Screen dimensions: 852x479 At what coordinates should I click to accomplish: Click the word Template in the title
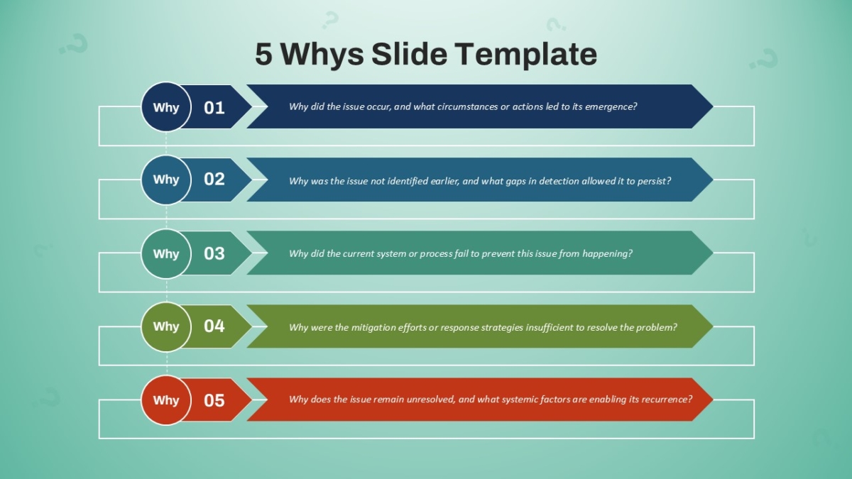coord(526,55)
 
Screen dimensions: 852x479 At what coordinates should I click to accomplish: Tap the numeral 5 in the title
coord(263,54)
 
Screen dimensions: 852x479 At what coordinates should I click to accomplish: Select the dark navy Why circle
coord(166,107)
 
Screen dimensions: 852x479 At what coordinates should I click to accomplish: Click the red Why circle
coord(166,400)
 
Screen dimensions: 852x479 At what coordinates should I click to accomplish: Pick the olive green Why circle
coord(166,326)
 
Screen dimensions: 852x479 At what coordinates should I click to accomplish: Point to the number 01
coord(214,108)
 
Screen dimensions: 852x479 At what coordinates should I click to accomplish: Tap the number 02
coord(214,180)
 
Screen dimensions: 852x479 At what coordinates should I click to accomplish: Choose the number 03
coord(214,253)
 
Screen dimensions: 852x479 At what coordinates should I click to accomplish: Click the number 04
coord(214,326)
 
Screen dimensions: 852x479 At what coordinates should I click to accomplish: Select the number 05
coord(214,400)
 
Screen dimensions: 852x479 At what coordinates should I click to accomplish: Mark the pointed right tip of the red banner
coord(713,400)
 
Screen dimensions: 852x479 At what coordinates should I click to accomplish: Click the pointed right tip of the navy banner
coord(713,106)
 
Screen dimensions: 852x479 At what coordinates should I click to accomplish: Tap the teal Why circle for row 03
coord(166,253)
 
